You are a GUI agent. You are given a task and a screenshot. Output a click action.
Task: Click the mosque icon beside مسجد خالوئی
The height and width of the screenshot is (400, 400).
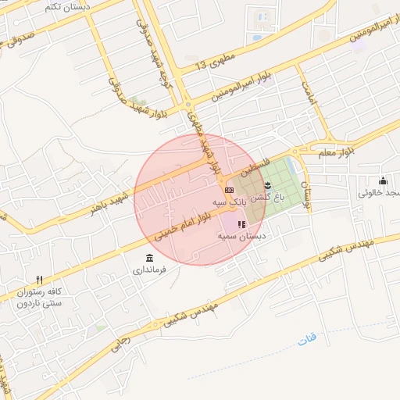pyautogui.click(x=383, y=181)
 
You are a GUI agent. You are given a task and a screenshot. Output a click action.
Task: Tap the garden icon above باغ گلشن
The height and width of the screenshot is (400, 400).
pyautogui.click(x=268, y=185)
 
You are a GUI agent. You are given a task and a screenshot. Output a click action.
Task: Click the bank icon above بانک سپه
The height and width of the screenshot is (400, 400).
pyautogui.click(x=229, y=190)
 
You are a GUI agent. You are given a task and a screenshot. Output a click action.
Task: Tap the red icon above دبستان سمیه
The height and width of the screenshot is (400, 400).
pyautogui.click(x=241, y=224)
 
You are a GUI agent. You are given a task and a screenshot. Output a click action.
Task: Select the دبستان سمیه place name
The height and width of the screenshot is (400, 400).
pyautogui.click(x=241, y=235)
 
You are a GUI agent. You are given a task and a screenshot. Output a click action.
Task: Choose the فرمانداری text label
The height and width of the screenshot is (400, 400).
pyautogui.click(x=148, y=271)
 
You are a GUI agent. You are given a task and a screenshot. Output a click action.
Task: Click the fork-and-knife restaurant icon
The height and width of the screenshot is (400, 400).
pyautogui.click(x=39, y=280)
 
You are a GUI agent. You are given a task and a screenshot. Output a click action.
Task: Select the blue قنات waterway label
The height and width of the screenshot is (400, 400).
pyautogui.click(x=307, y=341)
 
